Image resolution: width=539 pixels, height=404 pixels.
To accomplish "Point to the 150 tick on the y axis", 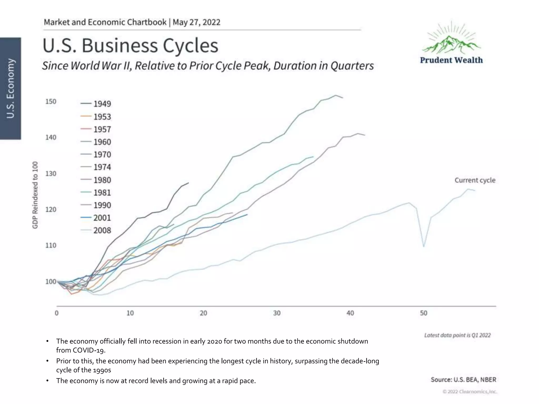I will [51, 102].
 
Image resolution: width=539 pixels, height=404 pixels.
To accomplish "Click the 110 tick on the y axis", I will [51, 245].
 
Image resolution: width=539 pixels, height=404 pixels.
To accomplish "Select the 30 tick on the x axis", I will [277, 313].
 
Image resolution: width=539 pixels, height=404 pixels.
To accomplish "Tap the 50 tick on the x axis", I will [423, 313].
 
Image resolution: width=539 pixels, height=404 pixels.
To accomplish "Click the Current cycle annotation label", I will [475, 180].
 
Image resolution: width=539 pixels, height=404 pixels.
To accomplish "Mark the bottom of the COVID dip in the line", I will [424, 246].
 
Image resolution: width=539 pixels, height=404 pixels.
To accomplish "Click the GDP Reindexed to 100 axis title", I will [35, 195].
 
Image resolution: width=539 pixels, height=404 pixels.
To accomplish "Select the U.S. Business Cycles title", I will [130, 46].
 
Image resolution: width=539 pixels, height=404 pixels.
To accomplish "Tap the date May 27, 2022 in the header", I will [196, 22].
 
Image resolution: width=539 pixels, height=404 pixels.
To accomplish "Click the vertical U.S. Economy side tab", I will [11, 88].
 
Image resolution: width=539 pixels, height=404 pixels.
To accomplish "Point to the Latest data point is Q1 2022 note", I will [457, 335].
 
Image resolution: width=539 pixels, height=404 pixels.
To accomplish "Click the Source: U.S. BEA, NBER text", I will [463, 380].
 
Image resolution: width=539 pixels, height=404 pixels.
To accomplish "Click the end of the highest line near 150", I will [342, 98].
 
